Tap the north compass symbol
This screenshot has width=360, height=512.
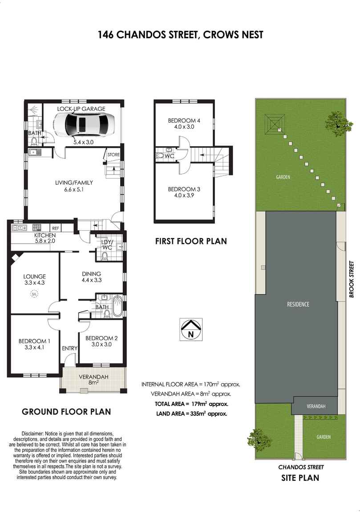(191, 329)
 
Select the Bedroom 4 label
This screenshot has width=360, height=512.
(184, 120)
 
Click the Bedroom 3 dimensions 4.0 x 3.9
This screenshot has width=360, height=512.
(184, 195)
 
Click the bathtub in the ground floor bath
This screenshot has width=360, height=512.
(117, 305)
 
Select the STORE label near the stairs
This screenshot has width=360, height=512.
(113, 155)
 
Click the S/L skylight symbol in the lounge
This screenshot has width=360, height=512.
(34, 293)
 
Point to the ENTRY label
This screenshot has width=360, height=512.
(69, 348)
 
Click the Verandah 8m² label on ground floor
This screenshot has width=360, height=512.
(93, 380)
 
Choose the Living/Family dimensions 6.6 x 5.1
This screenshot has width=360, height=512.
(74, 189)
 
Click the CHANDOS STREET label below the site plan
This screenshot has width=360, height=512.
(301, 467)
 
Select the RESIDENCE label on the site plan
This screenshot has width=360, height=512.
(298, 305)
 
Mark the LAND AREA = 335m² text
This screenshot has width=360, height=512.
(192, 413)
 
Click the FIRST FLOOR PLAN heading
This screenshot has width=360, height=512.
(191, 241)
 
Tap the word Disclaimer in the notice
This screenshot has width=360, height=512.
(33, 434)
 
